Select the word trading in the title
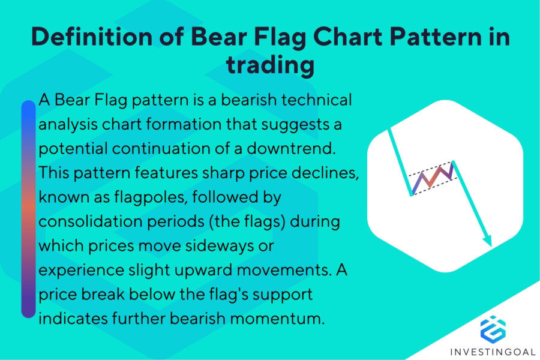[x=270, y=65]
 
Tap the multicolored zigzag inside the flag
[x=431, y=176]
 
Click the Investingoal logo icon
[x=493, y=328]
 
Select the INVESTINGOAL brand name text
[x=493, y=350]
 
